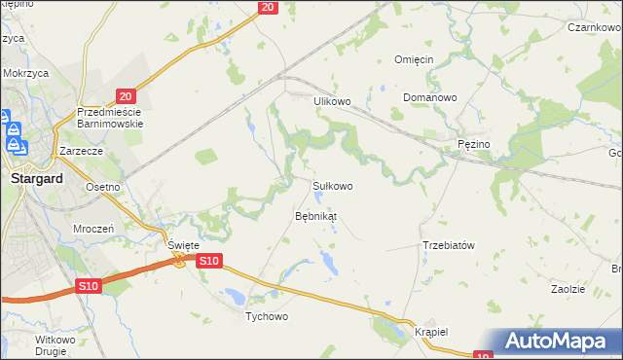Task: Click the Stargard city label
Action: point(36,179)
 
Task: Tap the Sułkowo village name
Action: point(332,185)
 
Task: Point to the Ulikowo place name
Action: point(331,101)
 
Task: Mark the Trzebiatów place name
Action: point(448,245)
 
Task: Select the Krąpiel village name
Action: point(429,332)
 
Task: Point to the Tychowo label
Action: point(266,317)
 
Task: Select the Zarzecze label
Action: point(81,152)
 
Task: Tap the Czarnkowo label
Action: point(596,28)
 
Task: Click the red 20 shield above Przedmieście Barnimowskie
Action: point(125,96)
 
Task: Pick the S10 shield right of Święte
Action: point(209,261)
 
